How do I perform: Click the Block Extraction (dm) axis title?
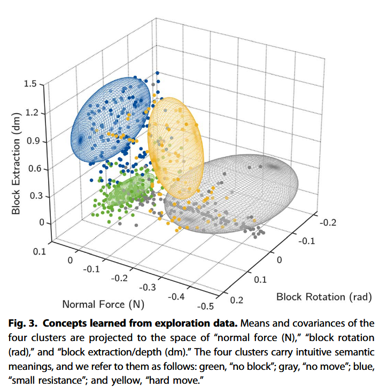pyautogui.click(x=17, y=163)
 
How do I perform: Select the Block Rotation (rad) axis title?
pyautogui.click(x=323, y=296)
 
